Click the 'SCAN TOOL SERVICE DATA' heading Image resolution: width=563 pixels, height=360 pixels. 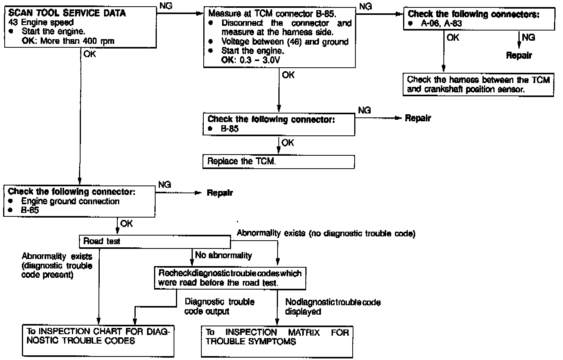click(67, 13)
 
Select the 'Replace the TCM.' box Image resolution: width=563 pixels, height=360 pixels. click(278, 162)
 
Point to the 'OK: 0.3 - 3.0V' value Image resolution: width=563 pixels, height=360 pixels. click(251, 60)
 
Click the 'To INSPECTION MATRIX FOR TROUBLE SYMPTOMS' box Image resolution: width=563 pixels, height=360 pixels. click(277, 341)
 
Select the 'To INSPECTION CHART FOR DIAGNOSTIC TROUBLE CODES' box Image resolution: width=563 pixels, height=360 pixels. click(98, 340)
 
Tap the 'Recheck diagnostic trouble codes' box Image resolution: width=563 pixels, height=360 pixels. click(230, 278)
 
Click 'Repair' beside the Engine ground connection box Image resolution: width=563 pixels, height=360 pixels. click(219, 193)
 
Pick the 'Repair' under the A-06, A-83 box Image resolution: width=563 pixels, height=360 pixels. click(519, 55)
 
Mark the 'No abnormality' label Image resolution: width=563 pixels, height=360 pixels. click(223, 256)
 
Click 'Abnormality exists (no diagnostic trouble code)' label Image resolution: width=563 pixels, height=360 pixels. click(326, 234)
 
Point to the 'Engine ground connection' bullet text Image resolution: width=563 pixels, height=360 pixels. click(70, 202)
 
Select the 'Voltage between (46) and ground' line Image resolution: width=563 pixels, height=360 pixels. click(285, 42)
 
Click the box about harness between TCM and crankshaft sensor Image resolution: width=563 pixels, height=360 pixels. click(478, 85)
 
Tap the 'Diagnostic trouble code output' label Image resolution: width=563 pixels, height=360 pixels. click(219, 306)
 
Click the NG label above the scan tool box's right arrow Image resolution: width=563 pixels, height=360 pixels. click(166, 6)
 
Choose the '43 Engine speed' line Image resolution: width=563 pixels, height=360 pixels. click(41, 22)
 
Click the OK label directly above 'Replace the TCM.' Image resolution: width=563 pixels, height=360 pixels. click(287, 143)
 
